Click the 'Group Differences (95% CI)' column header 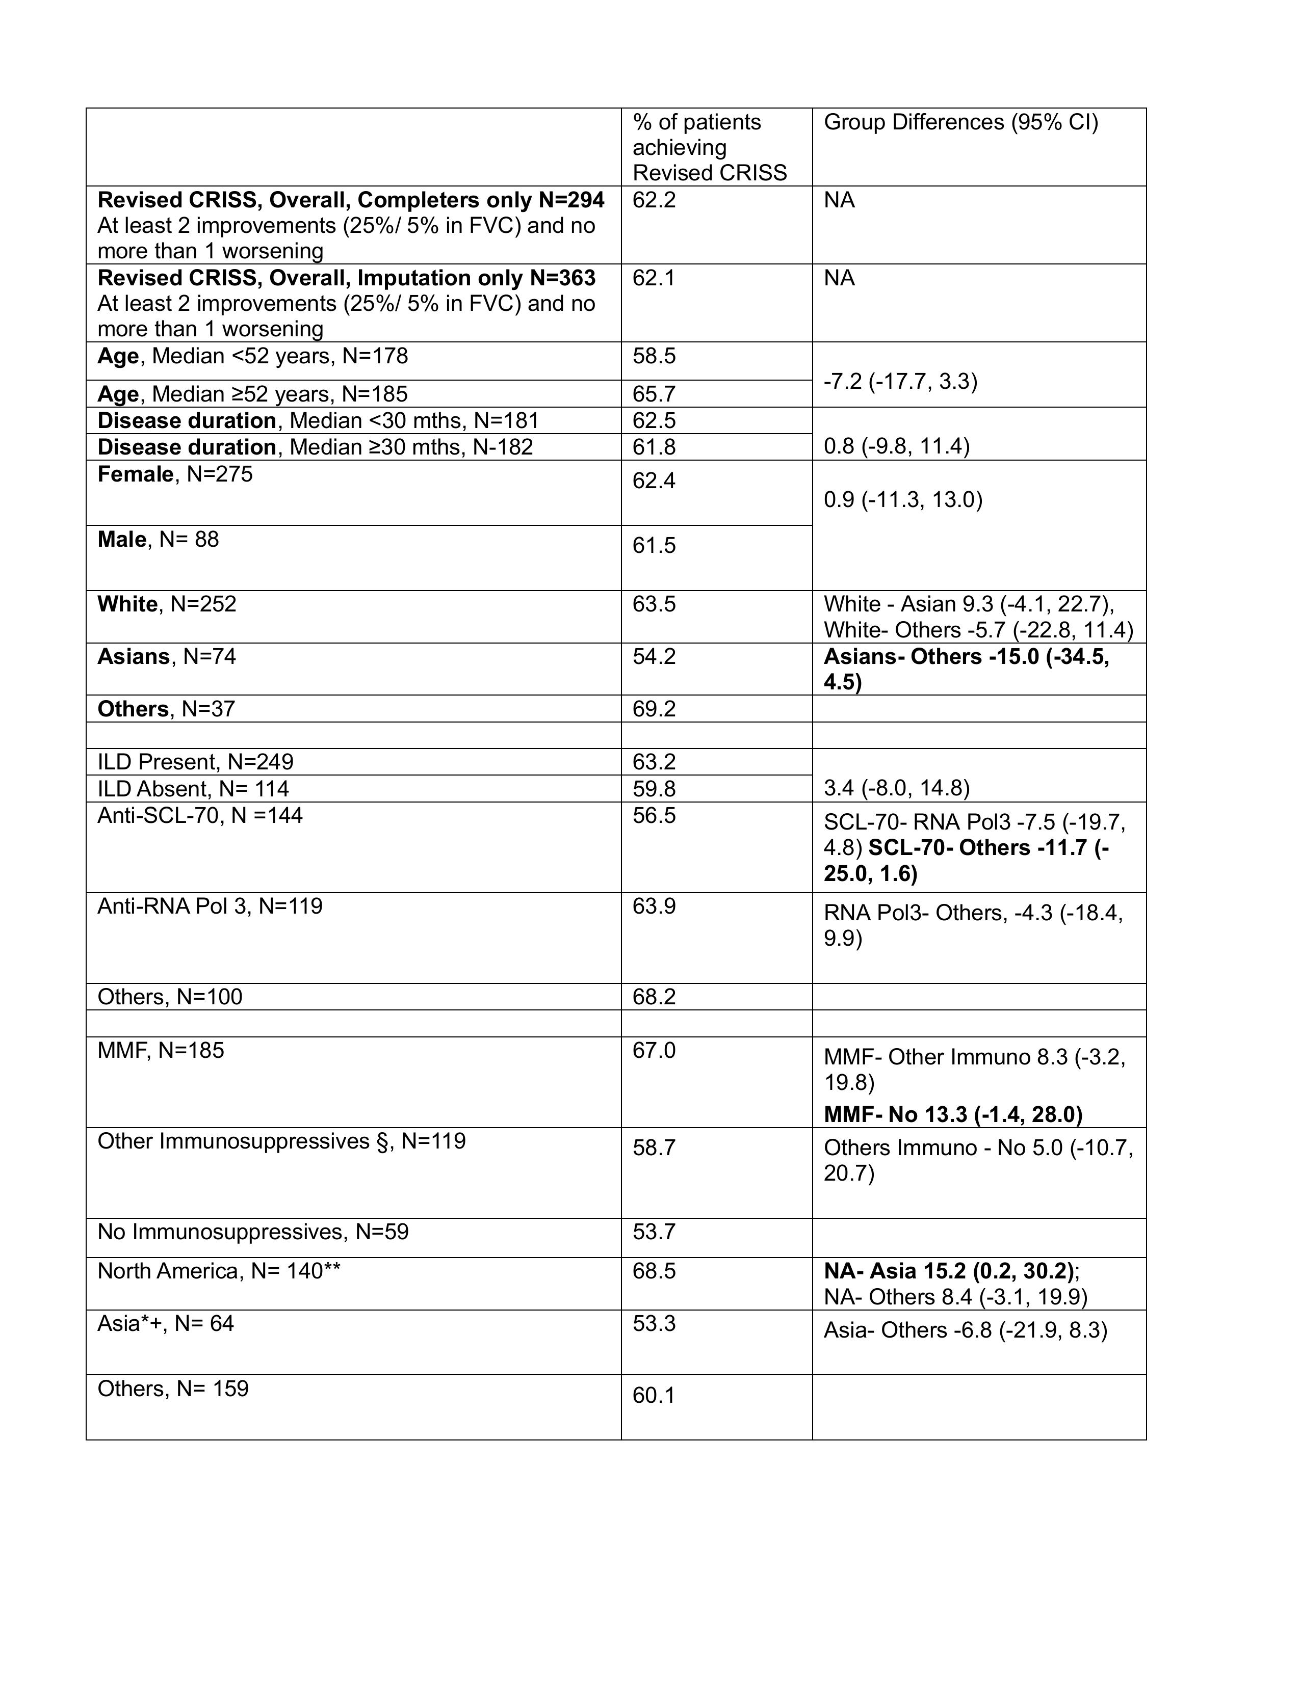pyautogui.click(x=960, y=122)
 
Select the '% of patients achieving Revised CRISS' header pyautogui.click(x=709, y=147)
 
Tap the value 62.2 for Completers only pyautogui.click(x=654, y=200)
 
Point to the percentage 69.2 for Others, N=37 pyautogui.click(x=654, y=709)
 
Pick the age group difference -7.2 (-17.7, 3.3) pyautogui.click(x=900, y=381)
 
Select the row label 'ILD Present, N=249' pyautogui.click(x=195, y=762)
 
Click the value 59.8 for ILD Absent pyautogui.click(x=654, y=789)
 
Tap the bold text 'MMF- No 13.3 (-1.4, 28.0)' pyautogui.click(x=952, y=1114)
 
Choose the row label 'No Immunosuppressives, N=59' pyautogui.click(x=253, y=1232)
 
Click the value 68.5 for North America pyautogui.click(x=654, y=1271)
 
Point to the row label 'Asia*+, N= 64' pyautogui.click(x=165, y=1323)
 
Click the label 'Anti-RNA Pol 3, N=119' pyautogui.click(x=210, y=905)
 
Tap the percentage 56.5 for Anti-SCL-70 pyautogui.click(x=654, y=815)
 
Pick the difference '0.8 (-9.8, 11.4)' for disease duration pyautogui.click(x=896, y=447)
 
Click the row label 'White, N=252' pyautogui.click(x=166, y=604)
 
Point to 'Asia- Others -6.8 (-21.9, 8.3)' pyautogui.click(x=965, y=1330)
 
